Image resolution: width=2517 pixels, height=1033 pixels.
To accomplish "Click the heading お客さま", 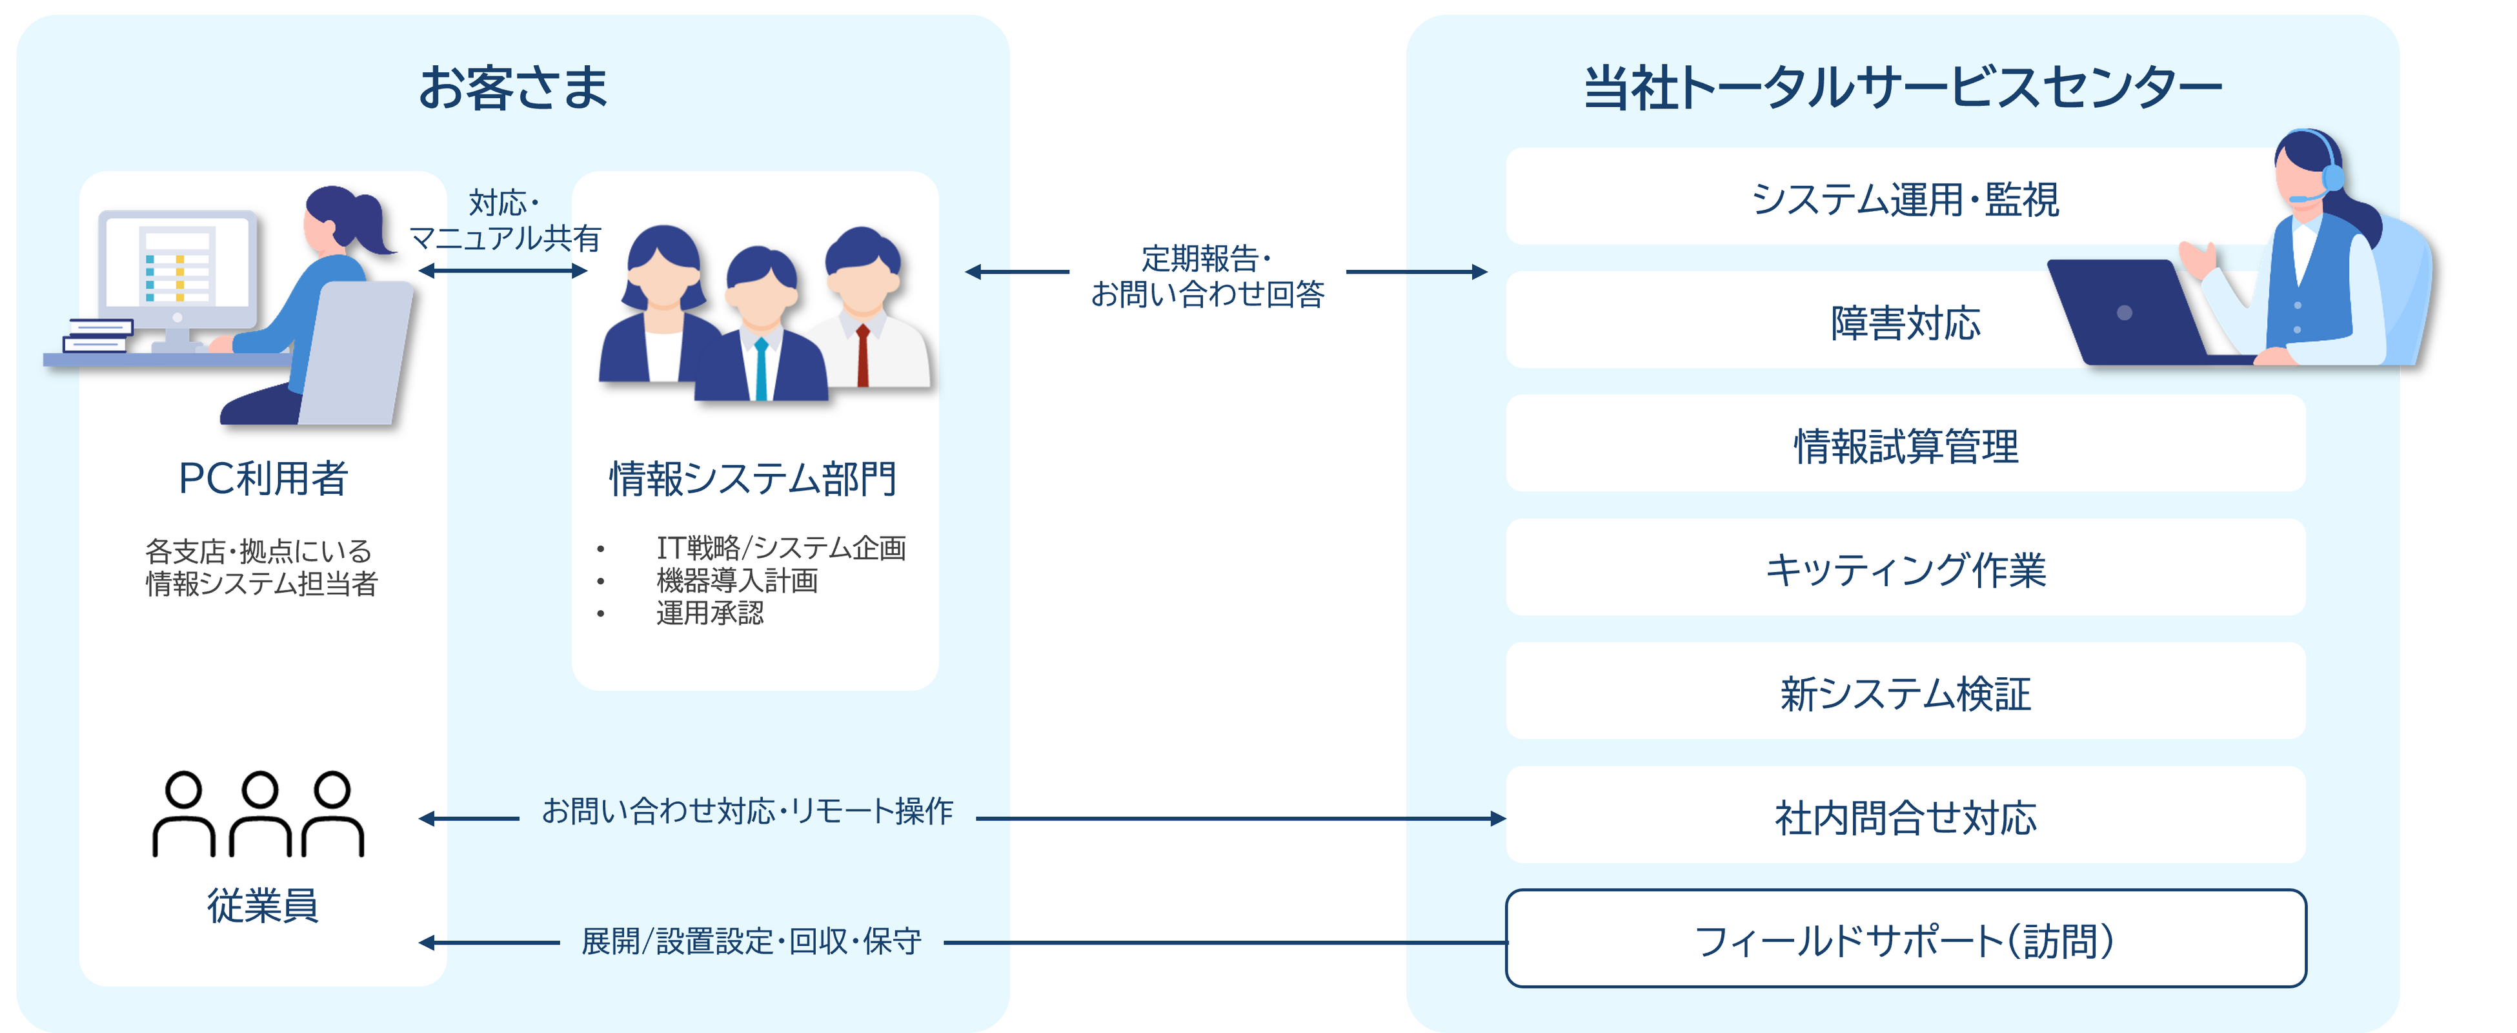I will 513,87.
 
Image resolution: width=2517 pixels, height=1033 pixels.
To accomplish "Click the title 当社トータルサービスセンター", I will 1901,88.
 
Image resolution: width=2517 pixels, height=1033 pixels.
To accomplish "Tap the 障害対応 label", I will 1905,323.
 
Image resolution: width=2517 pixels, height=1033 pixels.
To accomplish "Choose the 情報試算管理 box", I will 1905,445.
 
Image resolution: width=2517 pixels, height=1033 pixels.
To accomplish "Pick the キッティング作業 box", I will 1905,569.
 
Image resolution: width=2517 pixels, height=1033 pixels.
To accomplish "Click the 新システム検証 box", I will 1905,692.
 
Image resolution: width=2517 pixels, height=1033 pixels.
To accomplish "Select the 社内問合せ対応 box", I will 1905,816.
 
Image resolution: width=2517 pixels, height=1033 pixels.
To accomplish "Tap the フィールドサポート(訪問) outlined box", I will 1905,939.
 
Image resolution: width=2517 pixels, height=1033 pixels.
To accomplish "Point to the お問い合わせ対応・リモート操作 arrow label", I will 747,811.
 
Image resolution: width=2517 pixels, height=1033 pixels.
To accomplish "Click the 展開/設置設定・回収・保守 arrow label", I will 751,941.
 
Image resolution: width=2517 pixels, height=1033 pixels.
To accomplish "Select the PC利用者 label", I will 263,478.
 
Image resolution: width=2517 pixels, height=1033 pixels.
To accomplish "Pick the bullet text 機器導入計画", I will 737,580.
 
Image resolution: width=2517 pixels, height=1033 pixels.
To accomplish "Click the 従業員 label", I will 262,905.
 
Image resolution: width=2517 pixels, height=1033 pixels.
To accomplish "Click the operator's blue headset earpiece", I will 2332,176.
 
